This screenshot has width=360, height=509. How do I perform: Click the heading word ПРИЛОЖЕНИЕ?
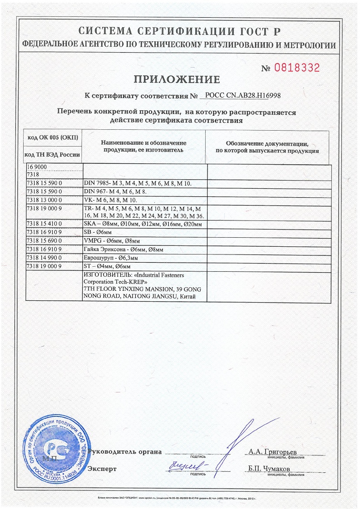click(x=177, y=80)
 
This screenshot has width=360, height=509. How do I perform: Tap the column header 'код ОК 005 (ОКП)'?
click(x=54, y=137)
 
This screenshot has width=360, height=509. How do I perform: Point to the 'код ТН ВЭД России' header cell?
click(x=54, y=154)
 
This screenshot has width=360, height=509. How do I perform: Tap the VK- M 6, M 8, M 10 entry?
click(x=111, y=200)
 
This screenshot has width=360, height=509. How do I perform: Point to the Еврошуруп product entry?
click(x=117, y=258)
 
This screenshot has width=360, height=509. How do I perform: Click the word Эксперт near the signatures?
click(x=102, y=469)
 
